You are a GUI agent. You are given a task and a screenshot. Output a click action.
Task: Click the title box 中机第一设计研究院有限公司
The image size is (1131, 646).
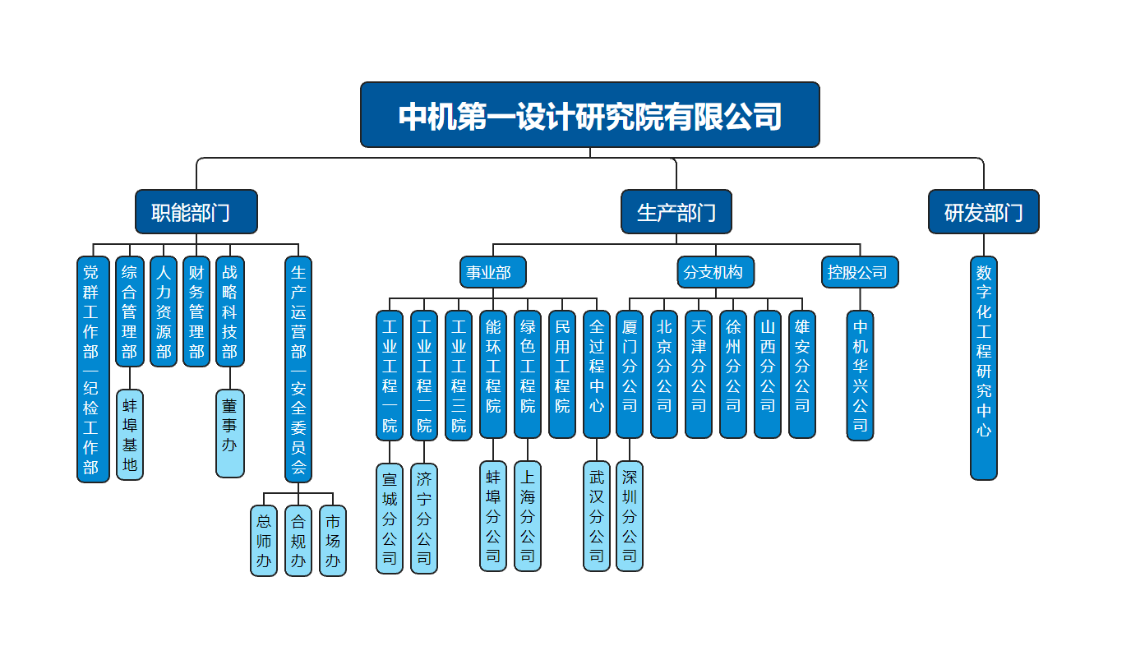589,114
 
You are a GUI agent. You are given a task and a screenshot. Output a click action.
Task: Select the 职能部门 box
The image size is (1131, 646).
196,212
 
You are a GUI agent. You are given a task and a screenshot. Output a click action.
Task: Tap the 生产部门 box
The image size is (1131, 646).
676,212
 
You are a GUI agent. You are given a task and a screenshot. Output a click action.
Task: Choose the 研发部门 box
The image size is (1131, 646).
983,212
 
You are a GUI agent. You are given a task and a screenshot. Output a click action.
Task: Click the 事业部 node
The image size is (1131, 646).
492,272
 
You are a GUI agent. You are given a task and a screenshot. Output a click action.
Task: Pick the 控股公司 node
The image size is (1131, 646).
860,272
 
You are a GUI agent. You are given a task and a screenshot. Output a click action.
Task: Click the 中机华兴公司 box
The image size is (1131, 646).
860,375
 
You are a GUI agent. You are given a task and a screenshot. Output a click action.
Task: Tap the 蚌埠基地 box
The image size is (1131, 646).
130,434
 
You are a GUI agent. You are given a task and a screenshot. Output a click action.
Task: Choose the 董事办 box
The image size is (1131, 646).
230,433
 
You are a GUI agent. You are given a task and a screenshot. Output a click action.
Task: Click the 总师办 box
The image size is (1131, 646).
264,540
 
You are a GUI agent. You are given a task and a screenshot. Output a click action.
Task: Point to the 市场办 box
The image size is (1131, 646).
333,540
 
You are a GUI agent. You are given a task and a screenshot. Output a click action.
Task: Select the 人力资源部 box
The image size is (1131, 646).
164,311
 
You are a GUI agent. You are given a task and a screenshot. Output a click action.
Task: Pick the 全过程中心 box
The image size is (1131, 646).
597,374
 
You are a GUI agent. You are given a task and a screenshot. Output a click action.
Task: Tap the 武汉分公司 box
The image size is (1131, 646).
597,516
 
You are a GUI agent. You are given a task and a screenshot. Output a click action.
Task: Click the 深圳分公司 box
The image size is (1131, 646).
630,516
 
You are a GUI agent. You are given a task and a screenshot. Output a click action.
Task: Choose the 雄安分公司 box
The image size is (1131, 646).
802,374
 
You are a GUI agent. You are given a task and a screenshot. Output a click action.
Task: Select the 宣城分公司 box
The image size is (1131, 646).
390,518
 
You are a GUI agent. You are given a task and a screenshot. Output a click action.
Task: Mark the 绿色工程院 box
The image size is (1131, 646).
528,374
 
